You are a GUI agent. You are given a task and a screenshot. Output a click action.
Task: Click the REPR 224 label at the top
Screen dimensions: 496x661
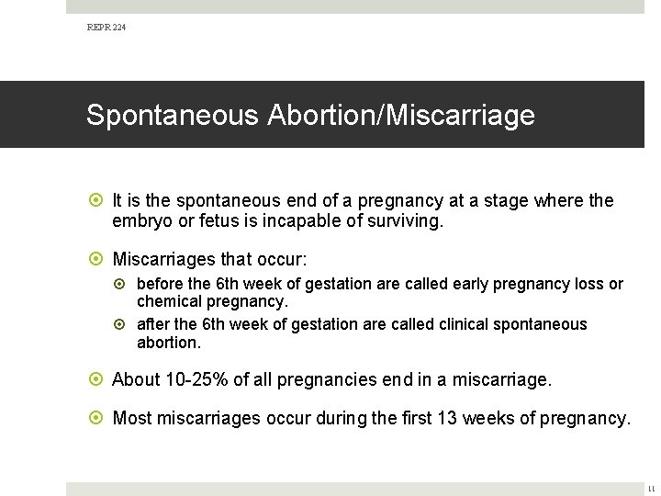click(x=106, y=28)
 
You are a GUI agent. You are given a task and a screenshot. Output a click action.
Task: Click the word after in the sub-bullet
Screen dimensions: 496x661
click(x=153, y=324)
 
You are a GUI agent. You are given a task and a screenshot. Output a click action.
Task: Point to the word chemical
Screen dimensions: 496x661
click(x=168, y=301)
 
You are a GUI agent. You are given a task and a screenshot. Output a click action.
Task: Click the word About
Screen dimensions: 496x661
click(x=134, y=379)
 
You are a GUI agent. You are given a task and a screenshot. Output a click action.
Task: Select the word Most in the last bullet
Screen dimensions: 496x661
click(x=132, y=419)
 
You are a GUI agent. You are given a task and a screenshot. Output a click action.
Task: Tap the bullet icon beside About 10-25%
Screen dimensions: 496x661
click(x=97, y=379)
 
